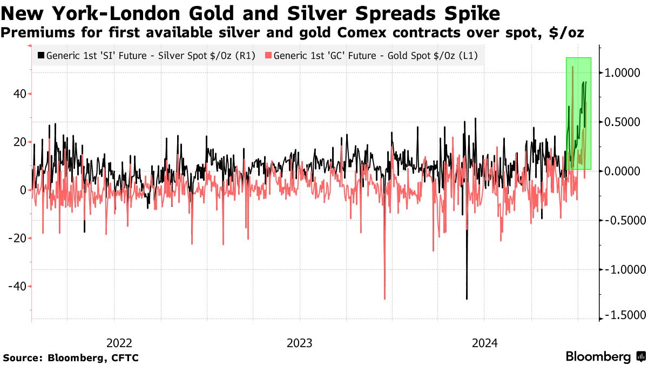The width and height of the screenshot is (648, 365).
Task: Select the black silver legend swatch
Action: [x=41, y=55]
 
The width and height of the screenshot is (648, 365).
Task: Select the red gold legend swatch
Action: [x=268, y=55]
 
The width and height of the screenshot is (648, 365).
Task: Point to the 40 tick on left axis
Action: [x=21, y=94]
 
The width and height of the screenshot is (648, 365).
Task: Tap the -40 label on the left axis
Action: [x=18, y=286]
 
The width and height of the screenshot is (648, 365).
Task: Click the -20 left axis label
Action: [x=18, y=238]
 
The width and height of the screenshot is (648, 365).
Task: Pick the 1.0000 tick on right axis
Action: [x=623, y=73]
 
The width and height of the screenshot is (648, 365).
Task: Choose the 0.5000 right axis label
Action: [x=623, y=122]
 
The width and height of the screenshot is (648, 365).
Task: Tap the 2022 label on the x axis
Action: [x=119, y=343]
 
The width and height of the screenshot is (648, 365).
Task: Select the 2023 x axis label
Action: [x=300, y=343]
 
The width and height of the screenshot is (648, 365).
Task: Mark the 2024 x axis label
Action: [x=485, y=343]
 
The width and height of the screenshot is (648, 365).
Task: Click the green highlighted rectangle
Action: [x=579, y=114]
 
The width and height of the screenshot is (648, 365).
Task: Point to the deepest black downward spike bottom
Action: [x=467, y=298]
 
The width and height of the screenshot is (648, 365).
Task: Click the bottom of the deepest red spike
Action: [x=384, y=298]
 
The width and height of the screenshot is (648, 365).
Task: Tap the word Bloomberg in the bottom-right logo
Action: [x=598, y=357]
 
